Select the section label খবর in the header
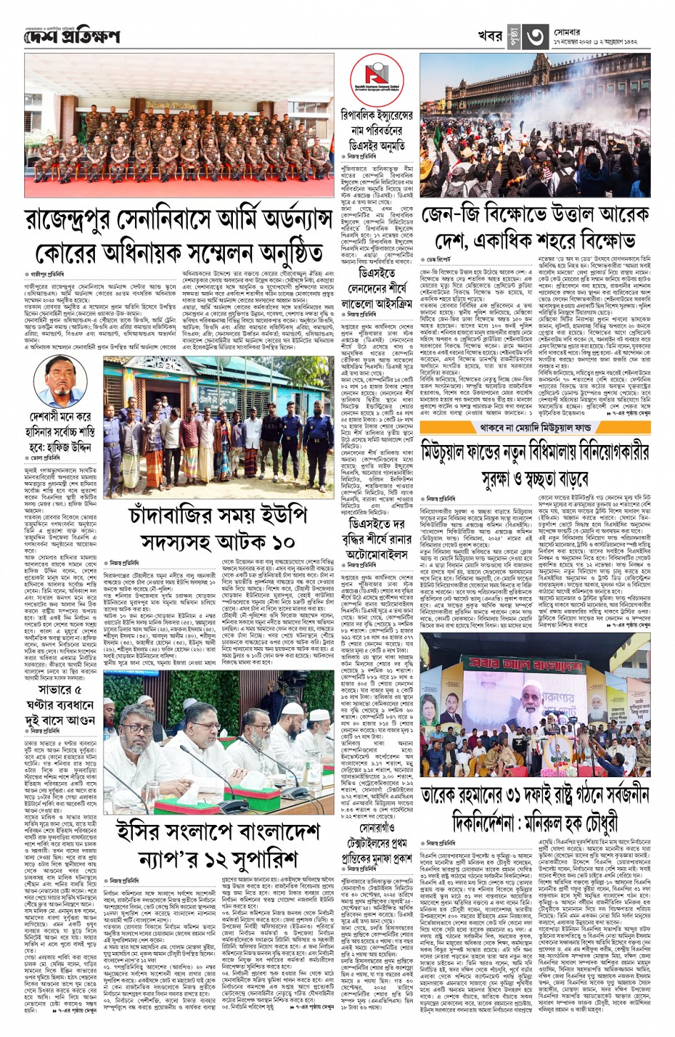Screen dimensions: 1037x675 (x=490, y=36)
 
